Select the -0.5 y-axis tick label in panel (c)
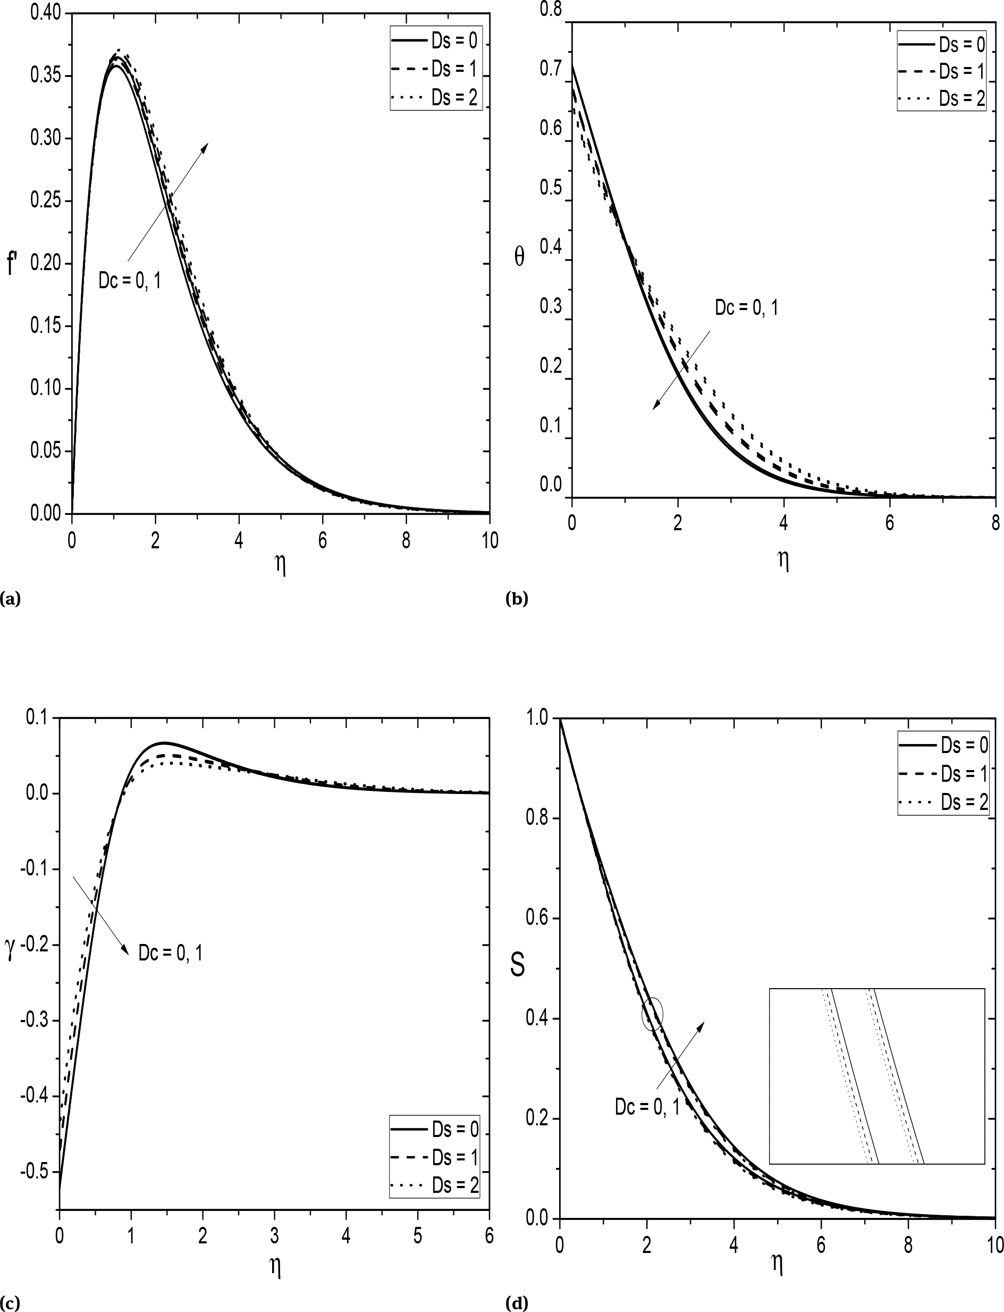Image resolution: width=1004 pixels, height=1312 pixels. click(35, 1172)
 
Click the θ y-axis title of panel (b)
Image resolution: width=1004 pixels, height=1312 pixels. click(519, 257)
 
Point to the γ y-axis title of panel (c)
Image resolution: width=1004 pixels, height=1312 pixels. click(10, 950)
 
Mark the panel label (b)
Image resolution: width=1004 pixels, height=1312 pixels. click(516, 598)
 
